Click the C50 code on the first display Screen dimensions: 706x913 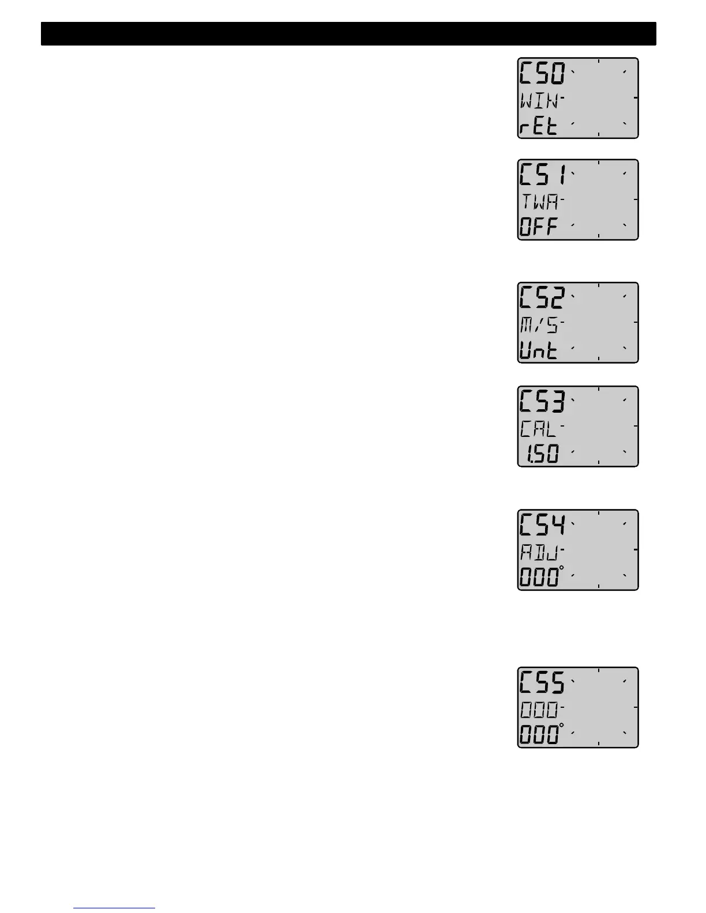point(543,73)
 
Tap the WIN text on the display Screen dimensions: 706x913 point(539,101)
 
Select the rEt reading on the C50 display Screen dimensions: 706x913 point(539,126)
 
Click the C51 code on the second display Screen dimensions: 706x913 point(543,175)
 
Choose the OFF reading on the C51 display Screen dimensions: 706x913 point(539,227)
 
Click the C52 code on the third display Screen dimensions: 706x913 point(543,298)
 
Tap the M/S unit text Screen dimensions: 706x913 point(539,326)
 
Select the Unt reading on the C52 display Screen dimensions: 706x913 point(539,350)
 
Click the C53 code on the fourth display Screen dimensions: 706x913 point(543,402)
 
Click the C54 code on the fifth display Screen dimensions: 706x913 point(543,525)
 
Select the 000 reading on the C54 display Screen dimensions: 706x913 point(539,578)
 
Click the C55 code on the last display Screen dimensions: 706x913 point(543,683)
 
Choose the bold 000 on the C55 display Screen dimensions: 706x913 point(539,735)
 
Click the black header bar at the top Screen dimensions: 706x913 point(348,34)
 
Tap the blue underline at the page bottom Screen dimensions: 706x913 point(114,908)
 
